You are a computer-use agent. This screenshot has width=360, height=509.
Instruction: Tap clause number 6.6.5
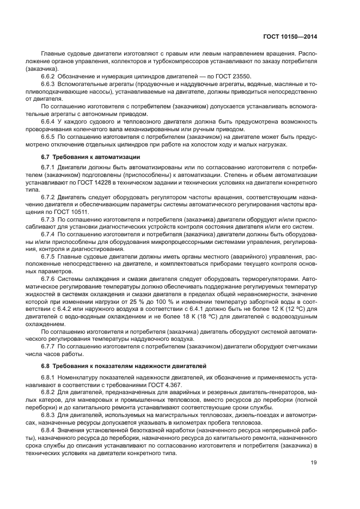(49, 138)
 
